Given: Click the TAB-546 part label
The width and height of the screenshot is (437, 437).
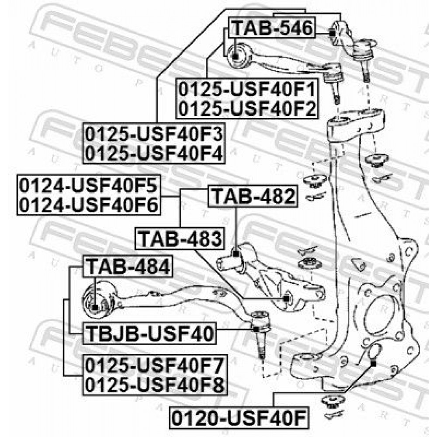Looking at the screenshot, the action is coord(272,28).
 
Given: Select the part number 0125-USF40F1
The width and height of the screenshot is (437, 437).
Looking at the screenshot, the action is coord(247,90).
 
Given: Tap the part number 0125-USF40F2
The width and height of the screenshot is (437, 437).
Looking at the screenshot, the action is coord(247,108).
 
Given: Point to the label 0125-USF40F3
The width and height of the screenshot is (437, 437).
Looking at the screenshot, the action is coord(154,134).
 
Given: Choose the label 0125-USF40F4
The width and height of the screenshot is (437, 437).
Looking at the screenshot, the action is coord(154,153).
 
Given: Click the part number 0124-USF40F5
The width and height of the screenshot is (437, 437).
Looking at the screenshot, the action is coord(89,186).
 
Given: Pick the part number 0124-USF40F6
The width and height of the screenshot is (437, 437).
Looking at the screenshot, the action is coord(89,205).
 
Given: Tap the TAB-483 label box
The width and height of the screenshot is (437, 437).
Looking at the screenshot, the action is coord(180,239).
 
